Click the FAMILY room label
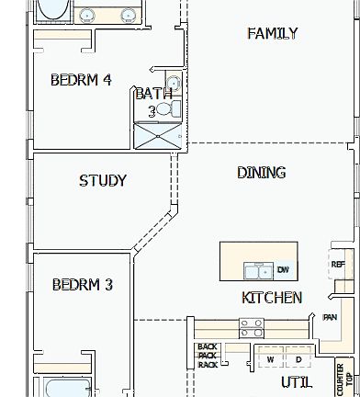pos(272,34)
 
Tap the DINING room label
pos(261,173)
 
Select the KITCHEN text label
pos(271,298)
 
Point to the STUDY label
pos(103,181)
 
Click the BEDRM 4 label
pos(81,80)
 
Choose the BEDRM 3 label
pos(83,285)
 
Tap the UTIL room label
pos(297,381)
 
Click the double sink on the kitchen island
pos(256,271)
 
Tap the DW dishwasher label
pos(283,271)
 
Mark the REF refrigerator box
pos(338,265)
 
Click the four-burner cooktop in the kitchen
pos(252,326)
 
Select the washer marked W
pos(270,359)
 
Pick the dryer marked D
pos(298,359)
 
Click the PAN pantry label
pos(331,317)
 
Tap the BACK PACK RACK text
pos(207,356)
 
